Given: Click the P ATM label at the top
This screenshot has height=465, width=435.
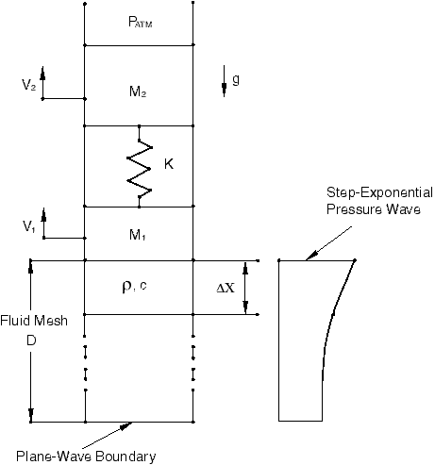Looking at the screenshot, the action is (141, 23).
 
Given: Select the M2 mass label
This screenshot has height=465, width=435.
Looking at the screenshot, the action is (138, 91).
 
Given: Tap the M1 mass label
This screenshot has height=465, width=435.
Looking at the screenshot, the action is (138, 235).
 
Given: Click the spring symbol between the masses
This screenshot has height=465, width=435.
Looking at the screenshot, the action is (140, 166).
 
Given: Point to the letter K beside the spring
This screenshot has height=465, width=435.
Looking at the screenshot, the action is (169, 164).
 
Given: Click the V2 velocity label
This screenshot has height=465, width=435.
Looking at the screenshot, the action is (28, 85).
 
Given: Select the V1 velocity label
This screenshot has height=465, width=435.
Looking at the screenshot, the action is (28, 226).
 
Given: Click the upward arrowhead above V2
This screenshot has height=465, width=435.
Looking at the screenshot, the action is (42, 73).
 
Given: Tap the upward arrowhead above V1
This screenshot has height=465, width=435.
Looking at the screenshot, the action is (43, 214).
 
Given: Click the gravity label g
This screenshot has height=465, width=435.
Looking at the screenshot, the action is (236, 80).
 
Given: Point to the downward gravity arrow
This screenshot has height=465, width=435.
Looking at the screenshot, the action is (224, 81).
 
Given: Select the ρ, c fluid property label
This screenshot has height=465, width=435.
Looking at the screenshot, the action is (134, 286).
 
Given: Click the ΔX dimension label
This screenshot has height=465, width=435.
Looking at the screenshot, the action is (226, 288).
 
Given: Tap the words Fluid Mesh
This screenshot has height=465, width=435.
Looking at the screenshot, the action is (34, 321).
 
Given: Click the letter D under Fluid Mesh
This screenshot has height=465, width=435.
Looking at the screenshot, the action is (31, 340).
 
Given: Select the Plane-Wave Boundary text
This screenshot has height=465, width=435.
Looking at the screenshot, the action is (86, 457).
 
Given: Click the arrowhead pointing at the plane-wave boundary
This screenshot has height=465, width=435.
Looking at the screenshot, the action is (125, 425).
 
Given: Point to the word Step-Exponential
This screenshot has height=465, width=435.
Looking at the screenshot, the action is (379, 192).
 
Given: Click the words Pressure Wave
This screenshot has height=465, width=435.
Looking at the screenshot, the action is (374, 209).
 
